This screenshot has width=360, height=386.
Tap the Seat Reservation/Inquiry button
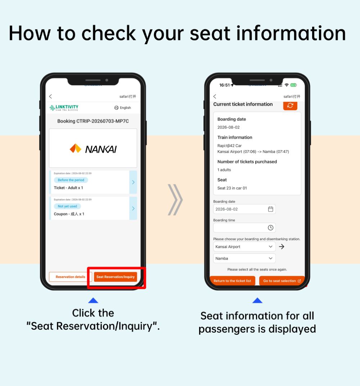coord(116,277)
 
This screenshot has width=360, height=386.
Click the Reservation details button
coord(70,277)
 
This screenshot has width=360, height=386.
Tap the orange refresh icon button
coord(290,106)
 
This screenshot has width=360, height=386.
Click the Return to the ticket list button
coord(232,280)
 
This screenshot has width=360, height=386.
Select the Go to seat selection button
coord(282,280)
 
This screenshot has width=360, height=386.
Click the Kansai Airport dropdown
coord(244,247)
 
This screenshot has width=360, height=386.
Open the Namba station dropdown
coord(244,258)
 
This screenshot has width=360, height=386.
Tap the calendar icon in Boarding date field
coord(270,209)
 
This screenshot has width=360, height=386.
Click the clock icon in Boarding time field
coord(270,228)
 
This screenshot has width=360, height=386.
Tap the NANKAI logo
coord(93,149)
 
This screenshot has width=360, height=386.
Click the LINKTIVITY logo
coord(64,108)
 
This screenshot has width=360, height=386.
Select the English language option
coord(122,108)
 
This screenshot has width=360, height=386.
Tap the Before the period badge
coord(71,180)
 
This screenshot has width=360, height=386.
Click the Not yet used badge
coord(67,206)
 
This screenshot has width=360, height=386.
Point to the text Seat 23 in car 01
coord(232,188)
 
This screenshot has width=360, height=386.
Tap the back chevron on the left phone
coord(50,96)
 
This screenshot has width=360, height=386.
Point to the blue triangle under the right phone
coord(257,300)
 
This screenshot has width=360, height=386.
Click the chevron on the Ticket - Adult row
coord(133,182)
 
